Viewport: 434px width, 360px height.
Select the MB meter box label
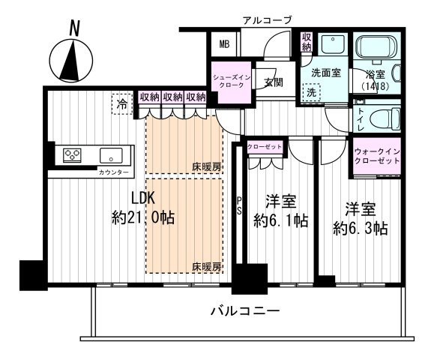pos(224,44)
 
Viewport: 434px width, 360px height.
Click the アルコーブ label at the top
pos(265,19)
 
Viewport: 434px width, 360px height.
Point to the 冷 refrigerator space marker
pos(121,104)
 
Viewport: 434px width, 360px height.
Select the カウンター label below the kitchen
pos(114,173)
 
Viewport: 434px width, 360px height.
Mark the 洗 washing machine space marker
pos(311,91)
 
